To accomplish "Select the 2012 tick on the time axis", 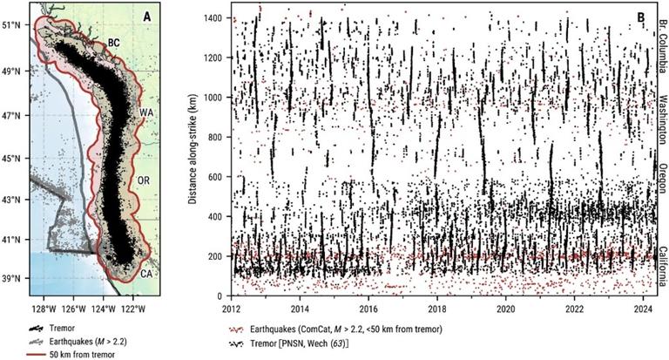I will (232, 308).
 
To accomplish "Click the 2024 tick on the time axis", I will (643, 308).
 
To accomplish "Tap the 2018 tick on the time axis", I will (437, 308).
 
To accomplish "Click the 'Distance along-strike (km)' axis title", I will (194, 155).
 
